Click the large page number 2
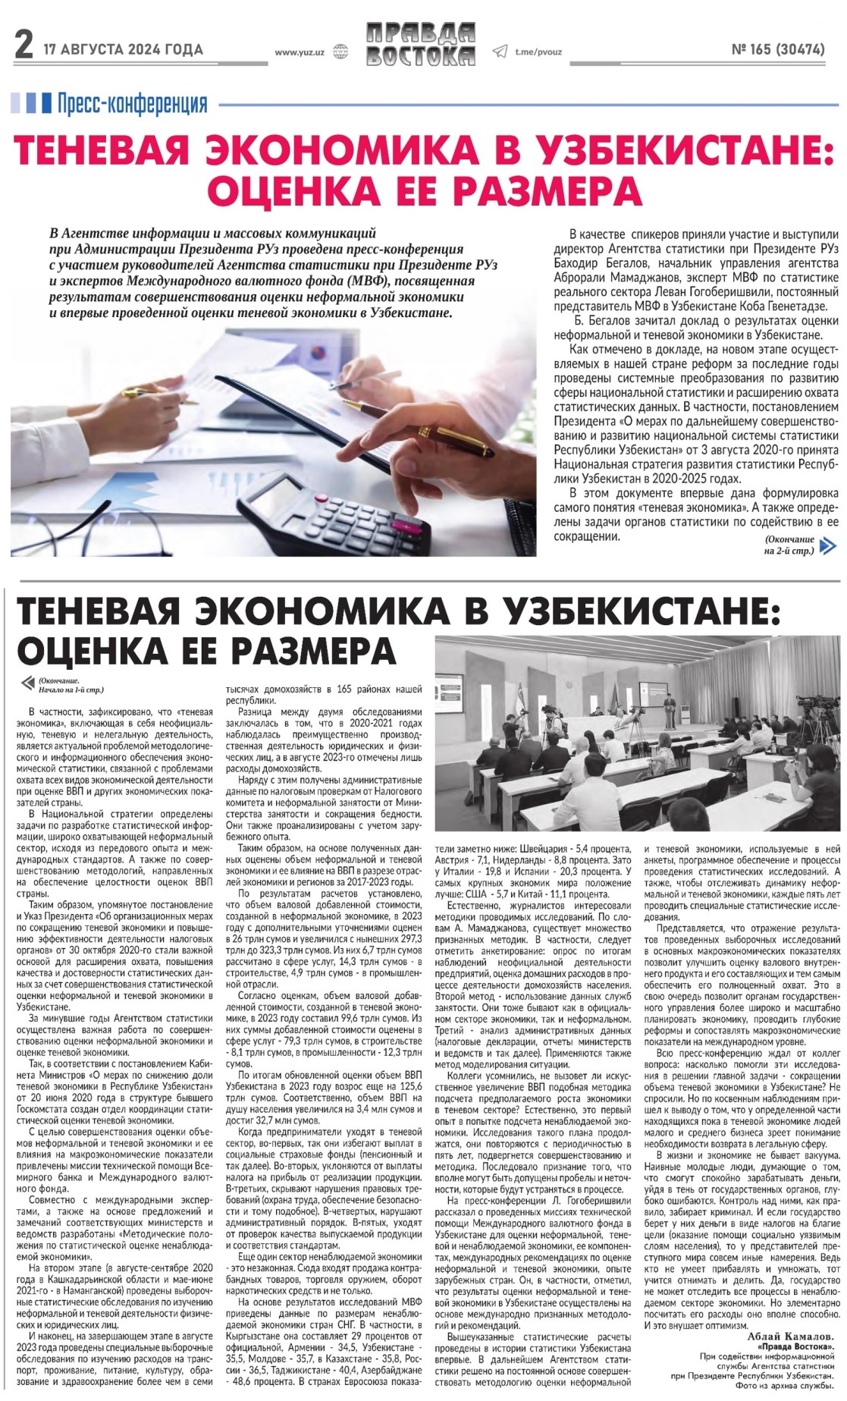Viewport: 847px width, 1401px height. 24,47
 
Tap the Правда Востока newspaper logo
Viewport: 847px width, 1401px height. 420,44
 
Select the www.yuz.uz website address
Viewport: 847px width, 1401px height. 300,52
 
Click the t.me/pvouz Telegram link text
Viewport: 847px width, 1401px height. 538,52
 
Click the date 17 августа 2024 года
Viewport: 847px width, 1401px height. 123,50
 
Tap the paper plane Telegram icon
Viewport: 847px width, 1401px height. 499,52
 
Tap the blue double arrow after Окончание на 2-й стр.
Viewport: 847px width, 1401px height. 829,545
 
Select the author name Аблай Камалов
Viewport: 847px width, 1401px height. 791,1336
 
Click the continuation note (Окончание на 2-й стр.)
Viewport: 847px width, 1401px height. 789,545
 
